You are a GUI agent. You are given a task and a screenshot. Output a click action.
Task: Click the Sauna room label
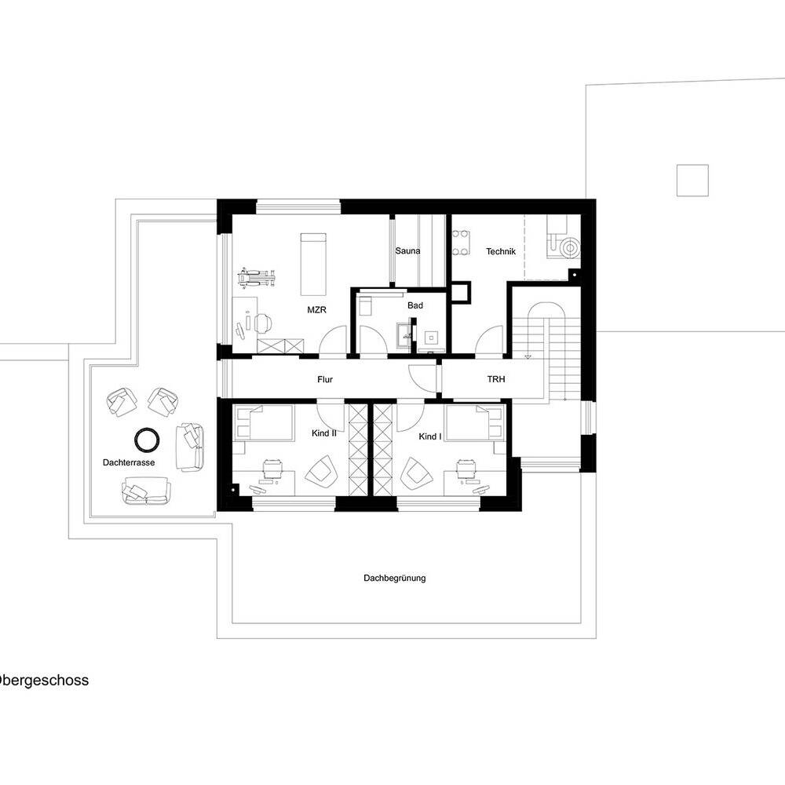pyautogui.click(x=407, y=251)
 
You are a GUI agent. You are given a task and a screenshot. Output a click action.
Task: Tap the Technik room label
pyautogui.click(x=501, y=251)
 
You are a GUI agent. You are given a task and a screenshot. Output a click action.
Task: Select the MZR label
pyautogui.click(x=316, y=310)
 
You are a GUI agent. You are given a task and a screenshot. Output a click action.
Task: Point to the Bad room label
pyautogui.click(x=415, y=305)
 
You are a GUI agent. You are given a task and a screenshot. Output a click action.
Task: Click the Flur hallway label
pyautogui.click(x=325, y=379)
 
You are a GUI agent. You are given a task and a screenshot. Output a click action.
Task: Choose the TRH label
pyautogui.click(x=496, y=379)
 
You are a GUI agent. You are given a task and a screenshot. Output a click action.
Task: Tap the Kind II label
pyautogui.click(x=324, y=433)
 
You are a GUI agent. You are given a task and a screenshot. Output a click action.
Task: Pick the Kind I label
pyautogui.click(x=430, y=436)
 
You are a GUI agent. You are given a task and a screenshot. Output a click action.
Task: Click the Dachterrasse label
pyautogui.click(x=129, y=462)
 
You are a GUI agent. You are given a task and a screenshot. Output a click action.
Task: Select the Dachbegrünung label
pyautogui.click(x=395, y=579)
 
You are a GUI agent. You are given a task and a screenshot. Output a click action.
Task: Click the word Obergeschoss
pyautogui.click(x=43, y=681)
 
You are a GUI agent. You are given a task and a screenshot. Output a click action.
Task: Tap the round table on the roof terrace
pyautogui.click(x=148, y=440)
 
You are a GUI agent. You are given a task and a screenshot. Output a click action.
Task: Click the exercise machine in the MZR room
pyautogui.click(x=257, y=277)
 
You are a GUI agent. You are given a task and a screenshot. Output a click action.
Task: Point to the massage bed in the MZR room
pyautogui.click(x=313, y=264)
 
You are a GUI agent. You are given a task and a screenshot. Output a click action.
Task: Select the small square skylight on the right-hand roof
pyautogui.click(x=692, y=181)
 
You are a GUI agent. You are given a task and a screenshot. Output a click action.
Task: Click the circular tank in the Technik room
pyautogui.click(x=569, y=247)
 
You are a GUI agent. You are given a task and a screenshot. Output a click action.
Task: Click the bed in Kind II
pyautogui.click(x=263, y=423)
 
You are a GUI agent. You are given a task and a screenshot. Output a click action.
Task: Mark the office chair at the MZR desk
pyautogui.click(x=263, y=323)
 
